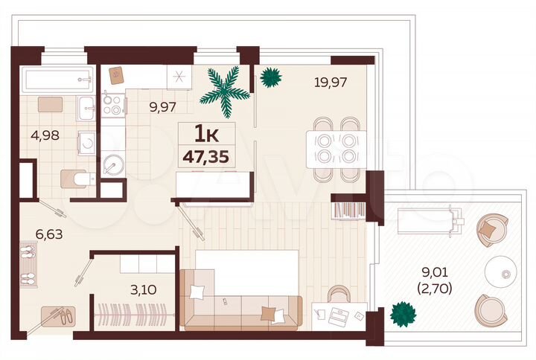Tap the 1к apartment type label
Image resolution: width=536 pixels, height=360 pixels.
tap(205, 134)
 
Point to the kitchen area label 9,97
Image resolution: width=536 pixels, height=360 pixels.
tap(162, 106)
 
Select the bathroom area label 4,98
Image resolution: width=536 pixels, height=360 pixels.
tap(44, 136)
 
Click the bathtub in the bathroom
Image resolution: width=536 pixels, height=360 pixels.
tap(57, 80)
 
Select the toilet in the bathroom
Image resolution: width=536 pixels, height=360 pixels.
tap(78, 178)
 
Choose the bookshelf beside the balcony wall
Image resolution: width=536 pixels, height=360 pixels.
tap(348, 210)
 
